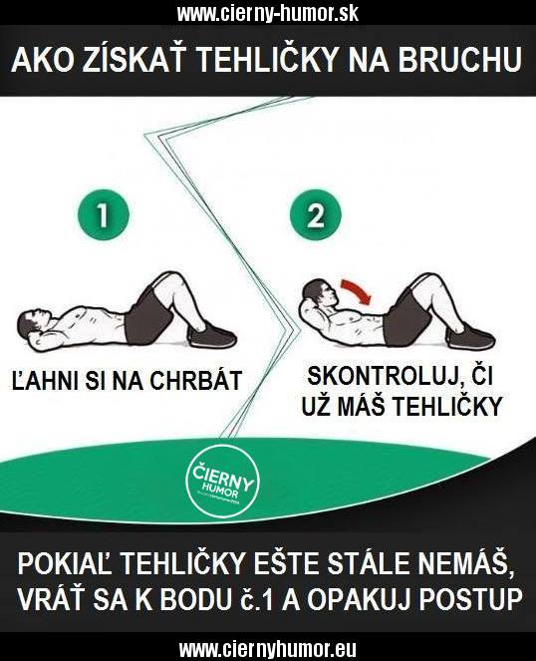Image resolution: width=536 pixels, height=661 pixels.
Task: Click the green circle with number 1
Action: point(103,215)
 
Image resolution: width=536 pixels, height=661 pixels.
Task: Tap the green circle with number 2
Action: point(316,215)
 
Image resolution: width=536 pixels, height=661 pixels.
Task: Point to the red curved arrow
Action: point(357,290)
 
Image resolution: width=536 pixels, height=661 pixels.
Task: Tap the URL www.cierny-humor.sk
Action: point(268,14)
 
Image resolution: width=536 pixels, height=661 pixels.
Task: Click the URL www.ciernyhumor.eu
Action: point(268,649)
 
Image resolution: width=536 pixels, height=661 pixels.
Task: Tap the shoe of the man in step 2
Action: point(470,337)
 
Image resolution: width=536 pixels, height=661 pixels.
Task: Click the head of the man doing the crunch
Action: point(319,293)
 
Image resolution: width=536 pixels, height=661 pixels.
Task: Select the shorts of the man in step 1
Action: point(150,315)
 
